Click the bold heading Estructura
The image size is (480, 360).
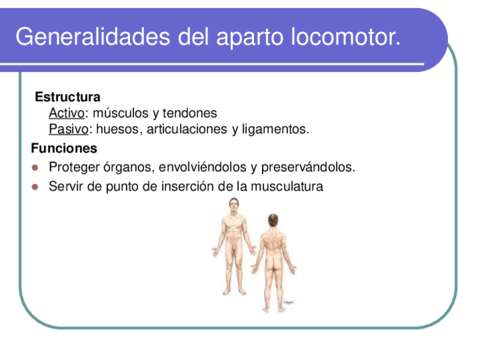pyautogui.click(x=67, y=97)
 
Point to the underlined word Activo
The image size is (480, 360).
pyautogui.click(x=67, y=113)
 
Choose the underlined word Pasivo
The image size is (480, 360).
pyautogui.click(x=68, y=129)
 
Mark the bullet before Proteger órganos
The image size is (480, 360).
pyautogui.click(x=35, y=167)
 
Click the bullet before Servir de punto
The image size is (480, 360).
pyautogui.click(x=35, y=186)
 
